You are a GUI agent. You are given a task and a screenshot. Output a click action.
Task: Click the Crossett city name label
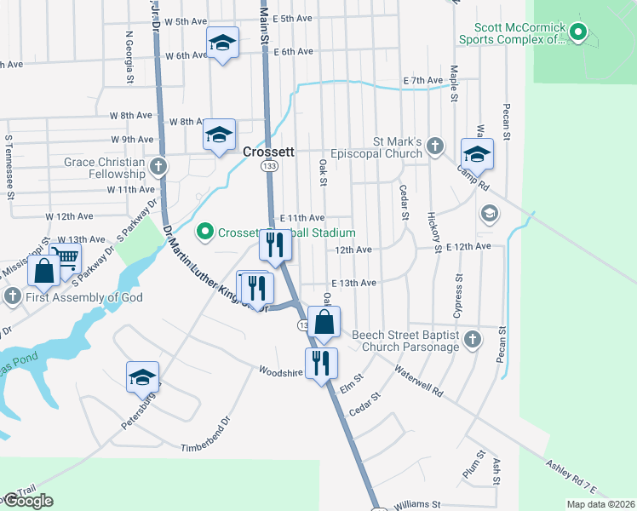pos(268,152)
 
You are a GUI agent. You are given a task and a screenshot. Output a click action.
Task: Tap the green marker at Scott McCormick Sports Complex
pos(579,34)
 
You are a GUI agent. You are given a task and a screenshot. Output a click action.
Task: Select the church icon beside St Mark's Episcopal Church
pos(435,146)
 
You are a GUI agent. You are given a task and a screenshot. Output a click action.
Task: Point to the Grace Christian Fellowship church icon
pos(158,166)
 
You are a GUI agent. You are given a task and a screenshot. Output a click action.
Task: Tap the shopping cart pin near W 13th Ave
pos(66,256)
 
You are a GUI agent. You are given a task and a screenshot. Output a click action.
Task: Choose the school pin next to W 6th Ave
pos(222,43)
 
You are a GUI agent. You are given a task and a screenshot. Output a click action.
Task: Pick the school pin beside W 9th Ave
pos(219,135)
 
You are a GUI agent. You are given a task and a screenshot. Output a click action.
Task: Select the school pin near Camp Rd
pos(477,155)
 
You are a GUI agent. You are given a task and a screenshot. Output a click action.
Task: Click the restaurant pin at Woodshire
pos(322,364)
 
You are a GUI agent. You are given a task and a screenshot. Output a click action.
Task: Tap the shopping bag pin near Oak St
pos(324,323)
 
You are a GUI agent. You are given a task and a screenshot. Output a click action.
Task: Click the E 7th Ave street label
pos(424,80)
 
